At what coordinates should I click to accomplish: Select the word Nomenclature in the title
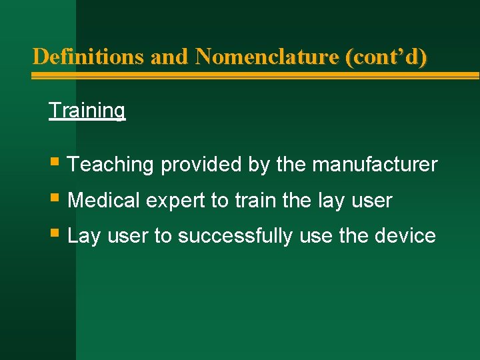point(267,57)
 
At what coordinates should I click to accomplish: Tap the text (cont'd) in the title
point(387,57)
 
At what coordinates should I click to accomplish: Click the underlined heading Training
point(87,110)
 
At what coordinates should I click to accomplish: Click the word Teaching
point(111,165)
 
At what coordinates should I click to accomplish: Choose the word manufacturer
point(375,165)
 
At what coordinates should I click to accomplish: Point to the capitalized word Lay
point(83,237)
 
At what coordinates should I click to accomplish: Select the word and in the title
point(169,57)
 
